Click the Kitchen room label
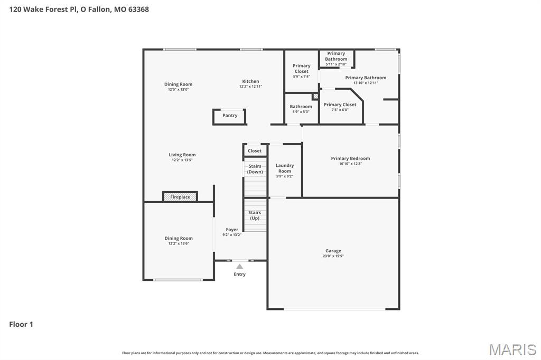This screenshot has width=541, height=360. (x=250, y=81)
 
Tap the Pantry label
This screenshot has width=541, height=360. (x=230, y=116)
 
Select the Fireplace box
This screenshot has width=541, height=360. (x=180, y=197)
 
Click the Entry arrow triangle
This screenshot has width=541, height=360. (x=240, y=267)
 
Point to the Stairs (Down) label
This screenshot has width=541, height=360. (x=255, y=169)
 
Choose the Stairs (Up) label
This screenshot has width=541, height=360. (x=255, y=215)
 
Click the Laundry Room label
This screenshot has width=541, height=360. (x=285, y=168)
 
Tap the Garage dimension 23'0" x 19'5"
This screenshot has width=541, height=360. (x=333, y=256)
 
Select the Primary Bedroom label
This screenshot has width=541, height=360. (x=350, y=158)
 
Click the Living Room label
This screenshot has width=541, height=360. (x=182, y=155)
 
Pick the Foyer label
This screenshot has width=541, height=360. (x=232, y=230)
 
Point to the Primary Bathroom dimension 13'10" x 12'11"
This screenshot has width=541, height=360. (x=366, y=83)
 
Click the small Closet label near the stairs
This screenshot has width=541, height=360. (x=255, y=151)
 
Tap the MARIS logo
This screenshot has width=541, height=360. (x=512, y=349)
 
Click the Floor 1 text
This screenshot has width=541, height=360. (x=21, y=325)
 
